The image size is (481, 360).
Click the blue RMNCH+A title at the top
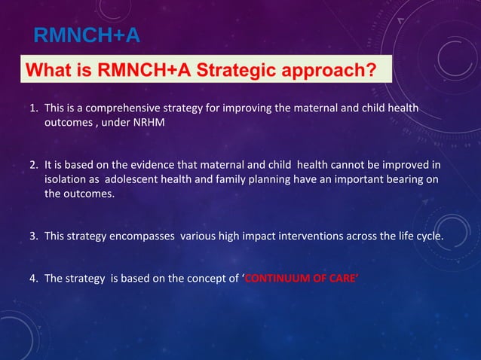pyautogui.click(x=87, y=35)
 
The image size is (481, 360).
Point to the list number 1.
pyautogui.click(x=33, y=110)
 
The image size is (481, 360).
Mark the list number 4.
pyautogui.click(x=33, y=278)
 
